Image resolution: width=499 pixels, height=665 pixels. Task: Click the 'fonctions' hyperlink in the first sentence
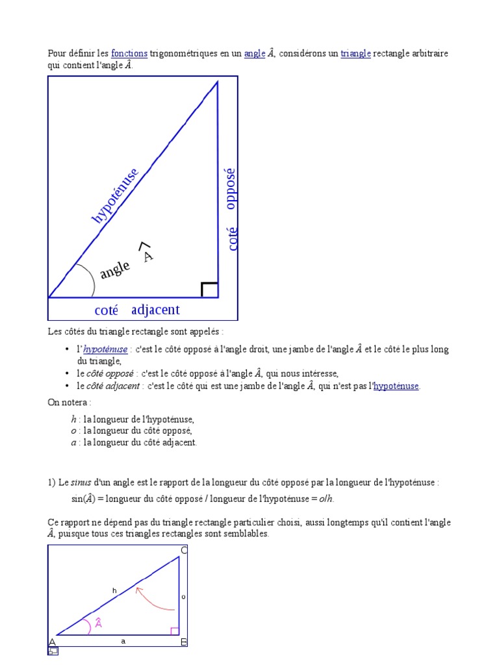pos(129,54)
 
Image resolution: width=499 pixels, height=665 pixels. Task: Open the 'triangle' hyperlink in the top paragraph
pos(355,54)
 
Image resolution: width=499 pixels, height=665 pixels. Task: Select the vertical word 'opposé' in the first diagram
pos(231,188)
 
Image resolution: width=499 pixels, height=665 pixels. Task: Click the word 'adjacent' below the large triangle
pos(155,310)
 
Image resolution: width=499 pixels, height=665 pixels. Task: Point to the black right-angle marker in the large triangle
pos(209,290)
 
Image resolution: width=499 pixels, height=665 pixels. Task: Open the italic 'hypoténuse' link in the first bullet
pos(106,349)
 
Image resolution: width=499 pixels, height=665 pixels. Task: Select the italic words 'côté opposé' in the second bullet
pos(110,373)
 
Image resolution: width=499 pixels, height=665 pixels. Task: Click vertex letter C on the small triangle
pos(184,551)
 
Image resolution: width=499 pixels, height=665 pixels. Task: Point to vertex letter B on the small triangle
pos(184,643)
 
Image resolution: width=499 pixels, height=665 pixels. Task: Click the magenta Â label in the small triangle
pos(99,623)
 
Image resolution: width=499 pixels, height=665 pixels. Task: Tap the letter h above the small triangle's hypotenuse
pos(114,590)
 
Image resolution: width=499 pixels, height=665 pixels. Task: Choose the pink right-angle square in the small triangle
pos(174,631)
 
